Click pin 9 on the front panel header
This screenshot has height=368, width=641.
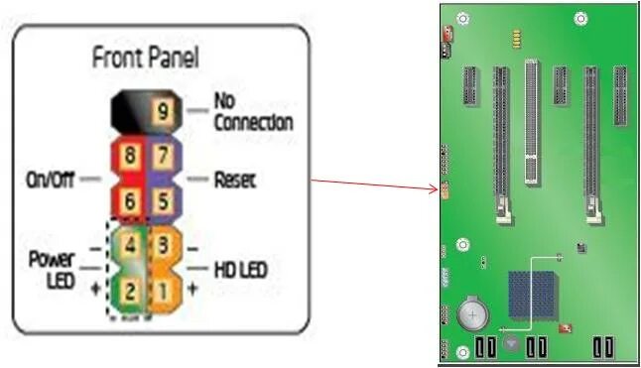[x=161, y=110]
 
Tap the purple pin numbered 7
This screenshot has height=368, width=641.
[x=163, y=155]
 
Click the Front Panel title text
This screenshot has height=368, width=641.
[x=145, y=58]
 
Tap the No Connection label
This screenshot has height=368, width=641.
[x=252, y=112]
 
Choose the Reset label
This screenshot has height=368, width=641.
[x=235, y=181]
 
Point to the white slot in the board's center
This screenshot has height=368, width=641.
[x=534, y=119]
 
